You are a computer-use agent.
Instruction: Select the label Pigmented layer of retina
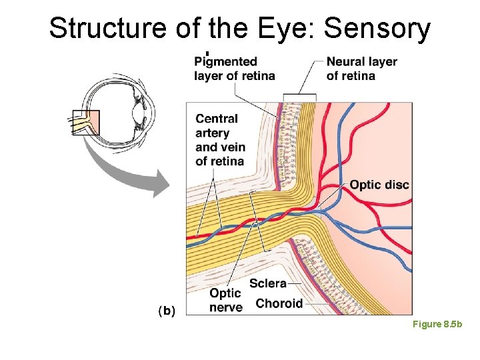point(234,69)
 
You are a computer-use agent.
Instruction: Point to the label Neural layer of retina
point(361,69)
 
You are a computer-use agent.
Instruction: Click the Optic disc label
point(379,185)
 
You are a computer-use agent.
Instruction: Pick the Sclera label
point(267,283)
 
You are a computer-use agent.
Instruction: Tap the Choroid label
point(279,303)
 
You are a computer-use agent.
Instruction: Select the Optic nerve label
point(225,301)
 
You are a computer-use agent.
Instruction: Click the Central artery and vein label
point(220,140)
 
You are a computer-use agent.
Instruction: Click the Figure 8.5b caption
point(437,324)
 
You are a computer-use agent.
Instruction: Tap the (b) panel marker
point(167,310)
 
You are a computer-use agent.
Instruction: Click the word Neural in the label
point(345,62)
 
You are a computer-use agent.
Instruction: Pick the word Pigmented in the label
point(225,62)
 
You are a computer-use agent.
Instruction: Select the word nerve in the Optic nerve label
point(225,307)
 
